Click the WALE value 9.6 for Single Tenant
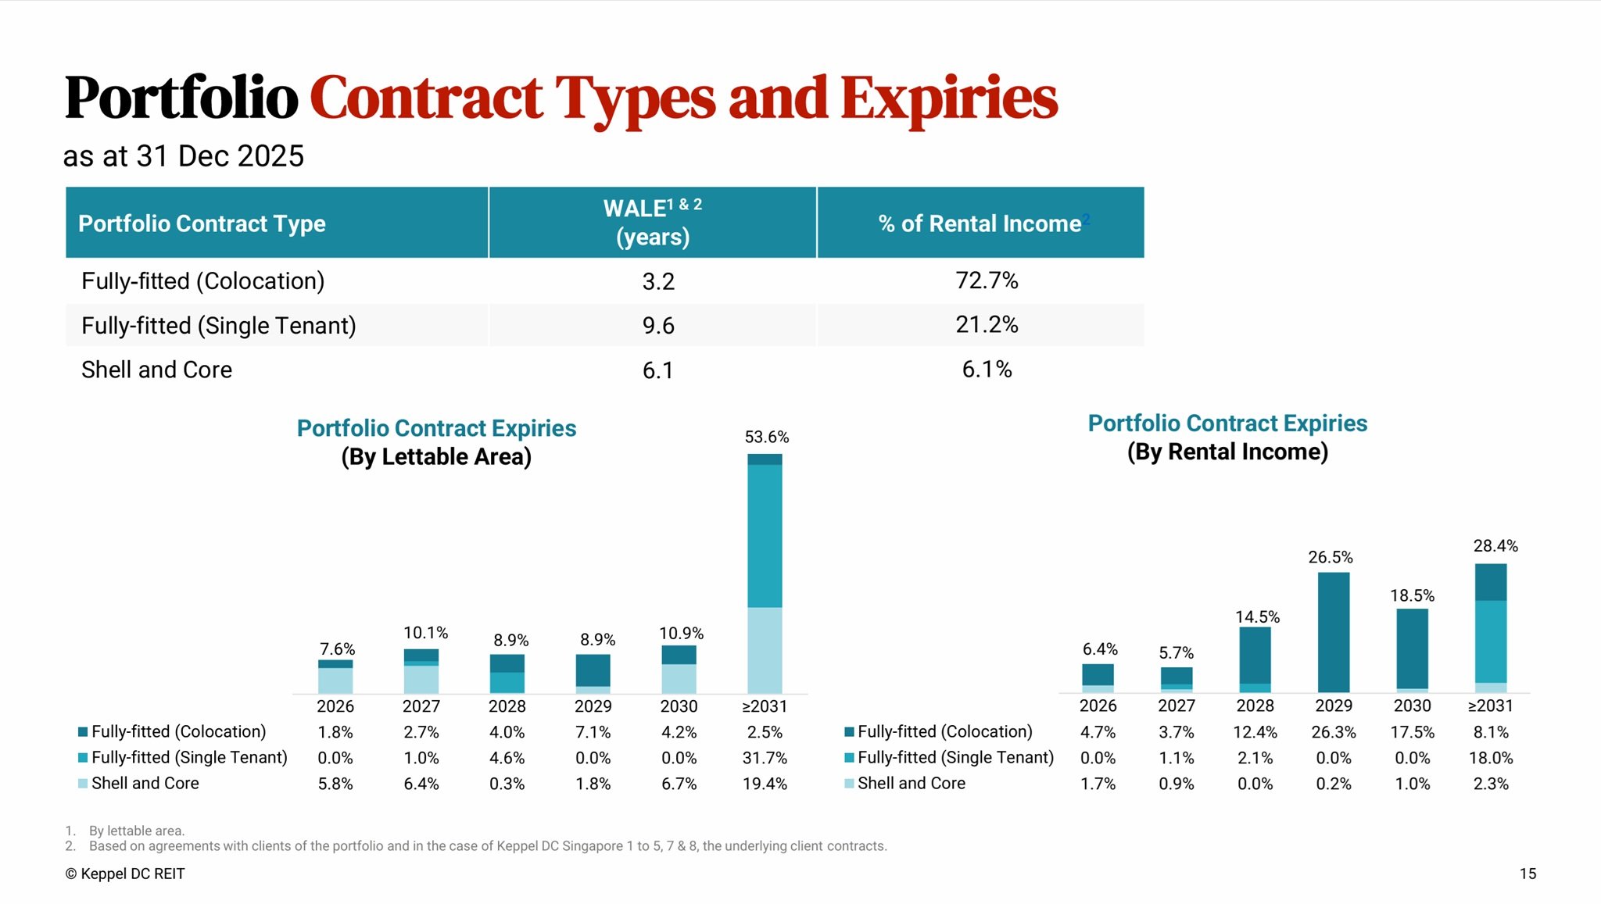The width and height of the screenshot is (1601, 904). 658,326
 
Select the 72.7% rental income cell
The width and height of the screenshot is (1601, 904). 987,280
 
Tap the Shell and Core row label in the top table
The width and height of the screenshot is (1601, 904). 156,370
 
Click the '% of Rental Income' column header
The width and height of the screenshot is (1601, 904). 980,223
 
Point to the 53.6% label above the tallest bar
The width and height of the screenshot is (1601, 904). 766,438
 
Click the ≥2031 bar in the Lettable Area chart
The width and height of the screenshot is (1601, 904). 765,573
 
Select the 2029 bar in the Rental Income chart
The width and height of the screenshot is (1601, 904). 1334,632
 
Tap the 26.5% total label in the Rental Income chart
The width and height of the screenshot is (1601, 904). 1331,558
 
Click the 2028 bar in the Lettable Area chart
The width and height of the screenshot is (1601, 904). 507,674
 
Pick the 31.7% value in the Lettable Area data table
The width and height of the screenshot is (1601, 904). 765,758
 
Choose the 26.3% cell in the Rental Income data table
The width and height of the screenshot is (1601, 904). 1334,732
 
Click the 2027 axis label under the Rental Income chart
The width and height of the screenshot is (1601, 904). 1177,706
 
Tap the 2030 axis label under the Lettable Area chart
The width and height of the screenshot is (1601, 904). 679,706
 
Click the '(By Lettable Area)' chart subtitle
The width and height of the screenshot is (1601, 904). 436,457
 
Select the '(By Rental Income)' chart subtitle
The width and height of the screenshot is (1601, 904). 1227,452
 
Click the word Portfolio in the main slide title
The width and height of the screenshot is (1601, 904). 181,98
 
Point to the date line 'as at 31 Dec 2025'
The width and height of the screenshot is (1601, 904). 184,156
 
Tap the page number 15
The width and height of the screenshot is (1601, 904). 1528,874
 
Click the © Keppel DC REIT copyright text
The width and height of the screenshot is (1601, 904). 125,874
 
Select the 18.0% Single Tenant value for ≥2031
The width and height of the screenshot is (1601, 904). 1491,758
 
